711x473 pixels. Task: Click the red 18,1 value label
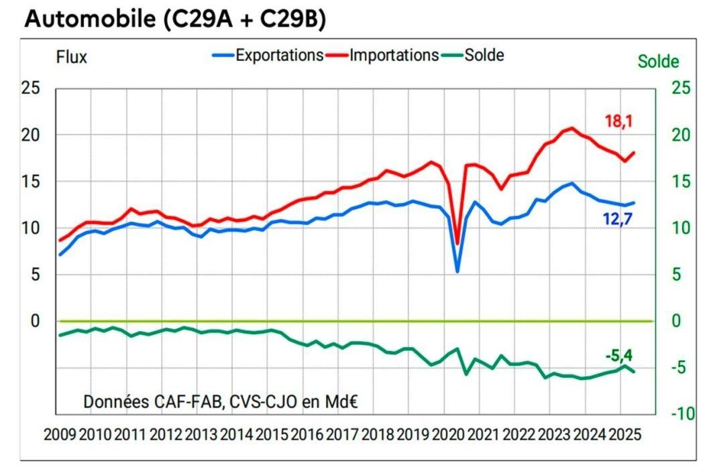tap(619, 121)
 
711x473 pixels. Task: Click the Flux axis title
tap(71, 58)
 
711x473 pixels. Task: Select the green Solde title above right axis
tap(658, 62)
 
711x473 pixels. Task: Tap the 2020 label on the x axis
tap(449, 434)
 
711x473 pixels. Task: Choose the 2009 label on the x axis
tap(60, 434)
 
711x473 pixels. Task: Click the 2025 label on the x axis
tap(624, 434)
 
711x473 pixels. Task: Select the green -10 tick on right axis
tap(677, 415)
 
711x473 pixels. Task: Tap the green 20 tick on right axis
tap(679, 135)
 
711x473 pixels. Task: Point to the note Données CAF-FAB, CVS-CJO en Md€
tap(220, 402)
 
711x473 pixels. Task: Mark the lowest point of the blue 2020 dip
tap(457, 271)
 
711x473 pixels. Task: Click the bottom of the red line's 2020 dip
tap(457, 244)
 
